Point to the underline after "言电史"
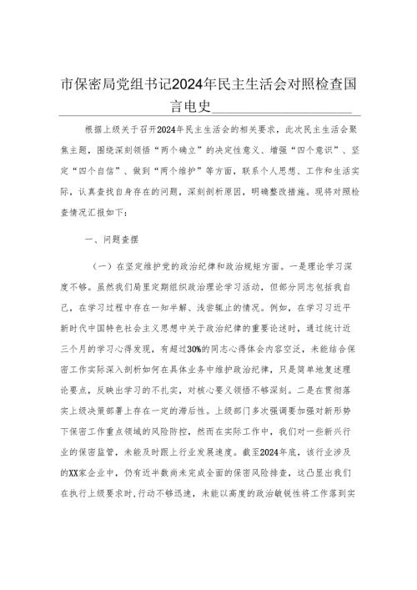284,108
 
